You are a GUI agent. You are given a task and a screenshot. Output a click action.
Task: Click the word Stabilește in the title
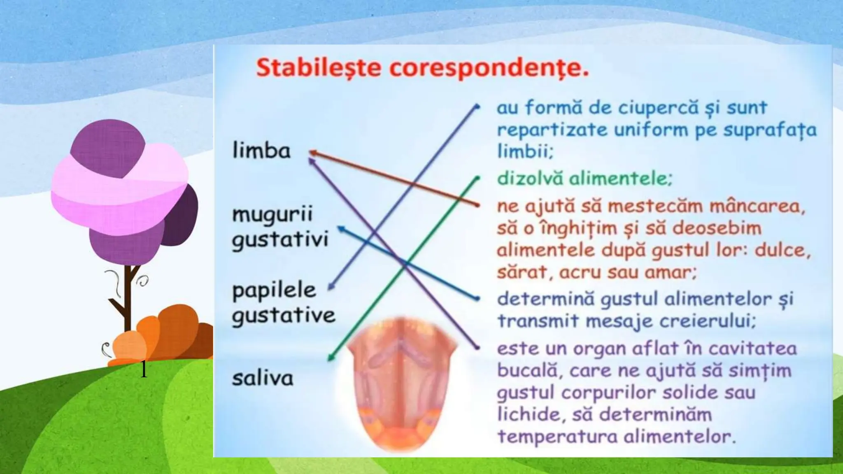click(x=318, y=68)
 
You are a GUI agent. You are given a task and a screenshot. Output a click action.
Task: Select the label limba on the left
click(x=261, y=150)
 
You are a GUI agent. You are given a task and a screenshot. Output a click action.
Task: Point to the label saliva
click(x=263, y=378)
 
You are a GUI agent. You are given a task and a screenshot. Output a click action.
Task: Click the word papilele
click(x=274, y=290)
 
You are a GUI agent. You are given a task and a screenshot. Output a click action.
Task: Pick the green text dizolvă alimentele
click(x=584, y=179)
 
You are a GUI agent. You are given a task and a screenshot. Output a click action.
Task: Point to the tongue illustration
click(x=401, y=383)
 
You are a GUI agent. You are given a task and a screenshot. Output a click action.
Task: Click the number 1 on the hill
click(x=143, y=369)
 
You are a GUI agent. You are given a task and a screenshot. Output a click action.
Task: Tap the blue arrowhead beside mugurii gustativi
click(x=341, y=228)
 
